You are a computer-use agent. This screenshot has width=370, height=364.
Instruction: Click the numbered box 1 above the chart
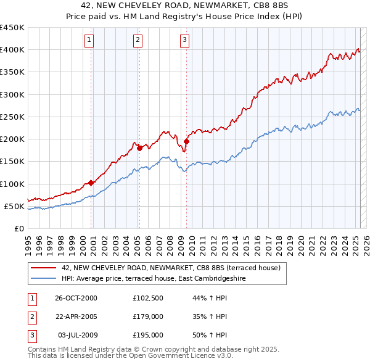89,41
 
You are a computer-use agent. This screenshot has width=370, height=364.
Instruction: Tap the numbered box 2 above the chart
137,41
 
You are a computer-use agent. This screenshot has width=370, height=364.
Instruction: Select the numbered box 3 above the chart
184,41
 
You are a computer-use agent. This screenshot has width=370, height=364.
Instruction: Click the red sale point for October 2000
91,182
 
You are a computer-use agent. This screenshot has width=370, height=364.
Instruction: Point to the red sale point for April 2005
139,147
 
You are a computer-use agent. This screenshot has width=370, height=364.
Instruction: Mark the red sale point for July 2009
186,141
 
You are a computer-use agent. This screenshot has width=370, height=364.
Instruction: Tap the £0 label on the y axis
18,228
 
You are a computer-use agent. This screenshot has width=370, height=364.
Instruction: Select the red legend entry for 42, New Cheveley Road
171,268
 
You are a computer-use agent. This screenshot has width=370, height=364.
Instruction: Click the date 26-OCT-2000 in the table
76,298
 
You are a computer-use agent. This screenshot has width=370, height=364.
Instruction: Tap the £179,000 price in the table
148,316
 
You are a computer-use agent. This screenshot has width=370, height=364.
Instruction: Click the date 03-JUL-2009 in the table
76,335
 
